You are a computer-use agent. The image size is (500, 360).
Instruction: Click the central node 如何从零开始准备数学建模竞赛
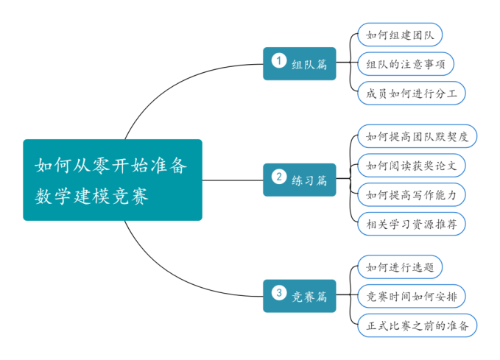[112, 180]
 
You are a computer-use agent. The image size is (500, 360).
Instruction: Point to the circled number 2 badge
[278, 177]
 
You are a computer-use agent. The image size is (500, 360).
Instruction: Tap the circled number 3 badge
[278, 293]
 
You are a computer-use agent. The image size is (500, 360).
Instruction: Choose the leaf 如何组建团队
[399, 34]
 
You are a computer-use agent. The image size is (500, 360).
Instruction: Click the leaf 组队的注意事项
[405, 63]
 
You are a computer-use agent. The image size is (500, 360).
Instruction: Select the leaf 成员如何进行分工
[411, 93]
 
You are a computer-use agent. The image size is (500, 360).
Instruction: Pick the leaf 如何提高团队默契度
[417, 136]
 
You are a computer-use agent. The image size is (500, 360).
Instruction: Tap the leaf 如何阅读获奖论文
[411, 165]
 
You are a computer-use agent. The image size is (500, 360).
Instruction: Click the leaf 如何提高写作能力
[411, 194]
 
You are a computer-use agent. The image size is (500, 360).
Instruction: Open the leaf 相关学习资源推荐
[411, 224]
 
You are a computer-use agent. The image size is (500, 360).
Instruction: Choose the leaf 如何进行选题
[399, 267]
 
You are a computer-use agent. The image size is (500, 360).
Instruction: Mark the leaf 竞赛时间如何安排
[411, 296]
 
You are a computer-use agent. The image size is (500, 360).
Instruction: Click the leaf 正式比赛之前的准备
[417, 325]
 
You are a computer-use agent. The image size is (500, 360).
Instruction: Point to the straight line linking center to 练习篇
[232, 180]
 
